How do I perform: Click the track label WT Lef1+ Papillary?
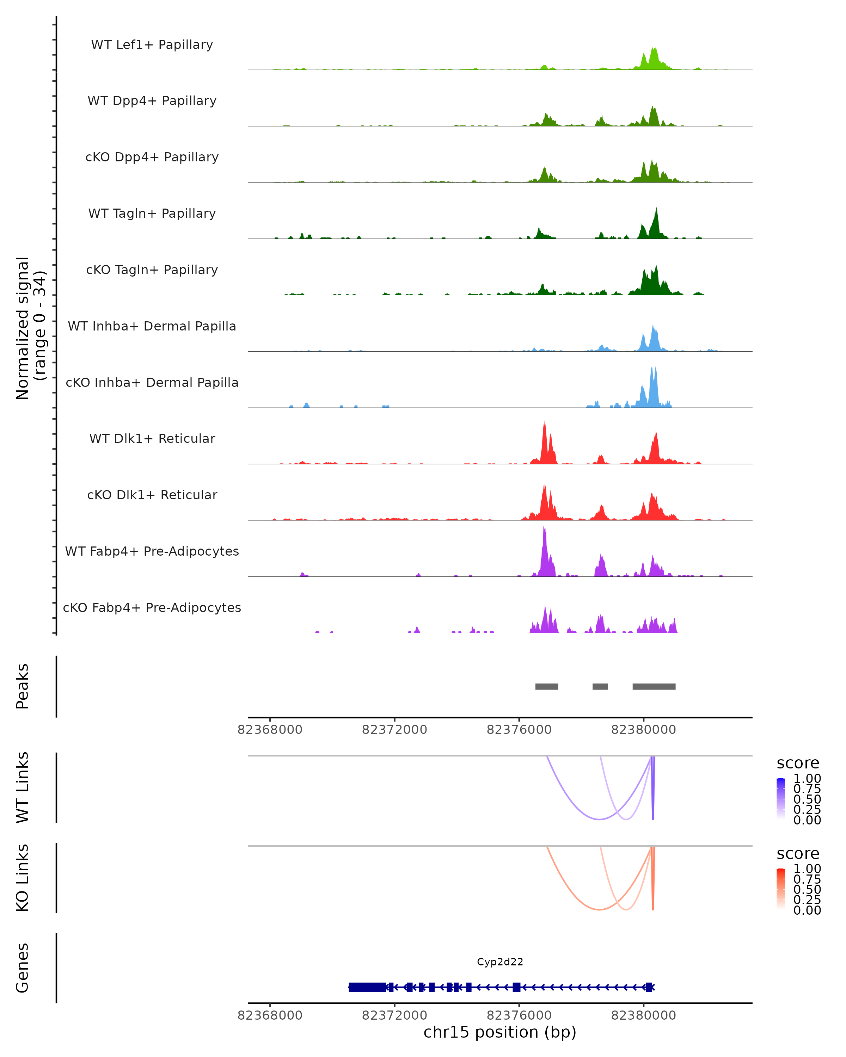point(152,45)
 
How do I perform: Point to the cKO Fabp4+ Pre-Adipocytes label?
point(152,607)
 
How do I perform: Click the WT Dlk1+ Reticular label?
point(152,438)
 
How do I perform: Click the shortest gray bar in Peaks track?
point(600,686)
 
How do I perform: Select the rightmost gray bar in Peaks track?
point(654,686)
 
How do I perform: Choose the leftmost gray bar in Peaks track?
point(546,686)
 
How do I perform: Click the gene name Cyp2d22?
point(500,962)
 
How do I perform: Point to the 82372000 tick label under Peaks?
point(394,730)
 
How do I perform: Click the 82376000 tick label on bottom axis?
point(519,1015)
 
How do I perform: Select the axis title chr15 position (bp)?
point(500,1032)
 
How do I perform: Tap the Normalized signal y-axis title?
point(30,328)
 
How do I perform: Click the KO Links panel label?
point(23,878)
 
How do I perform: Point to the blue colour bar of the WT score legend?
point(781,799)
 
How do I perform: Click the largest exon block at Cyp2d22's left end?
point(367,987)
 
